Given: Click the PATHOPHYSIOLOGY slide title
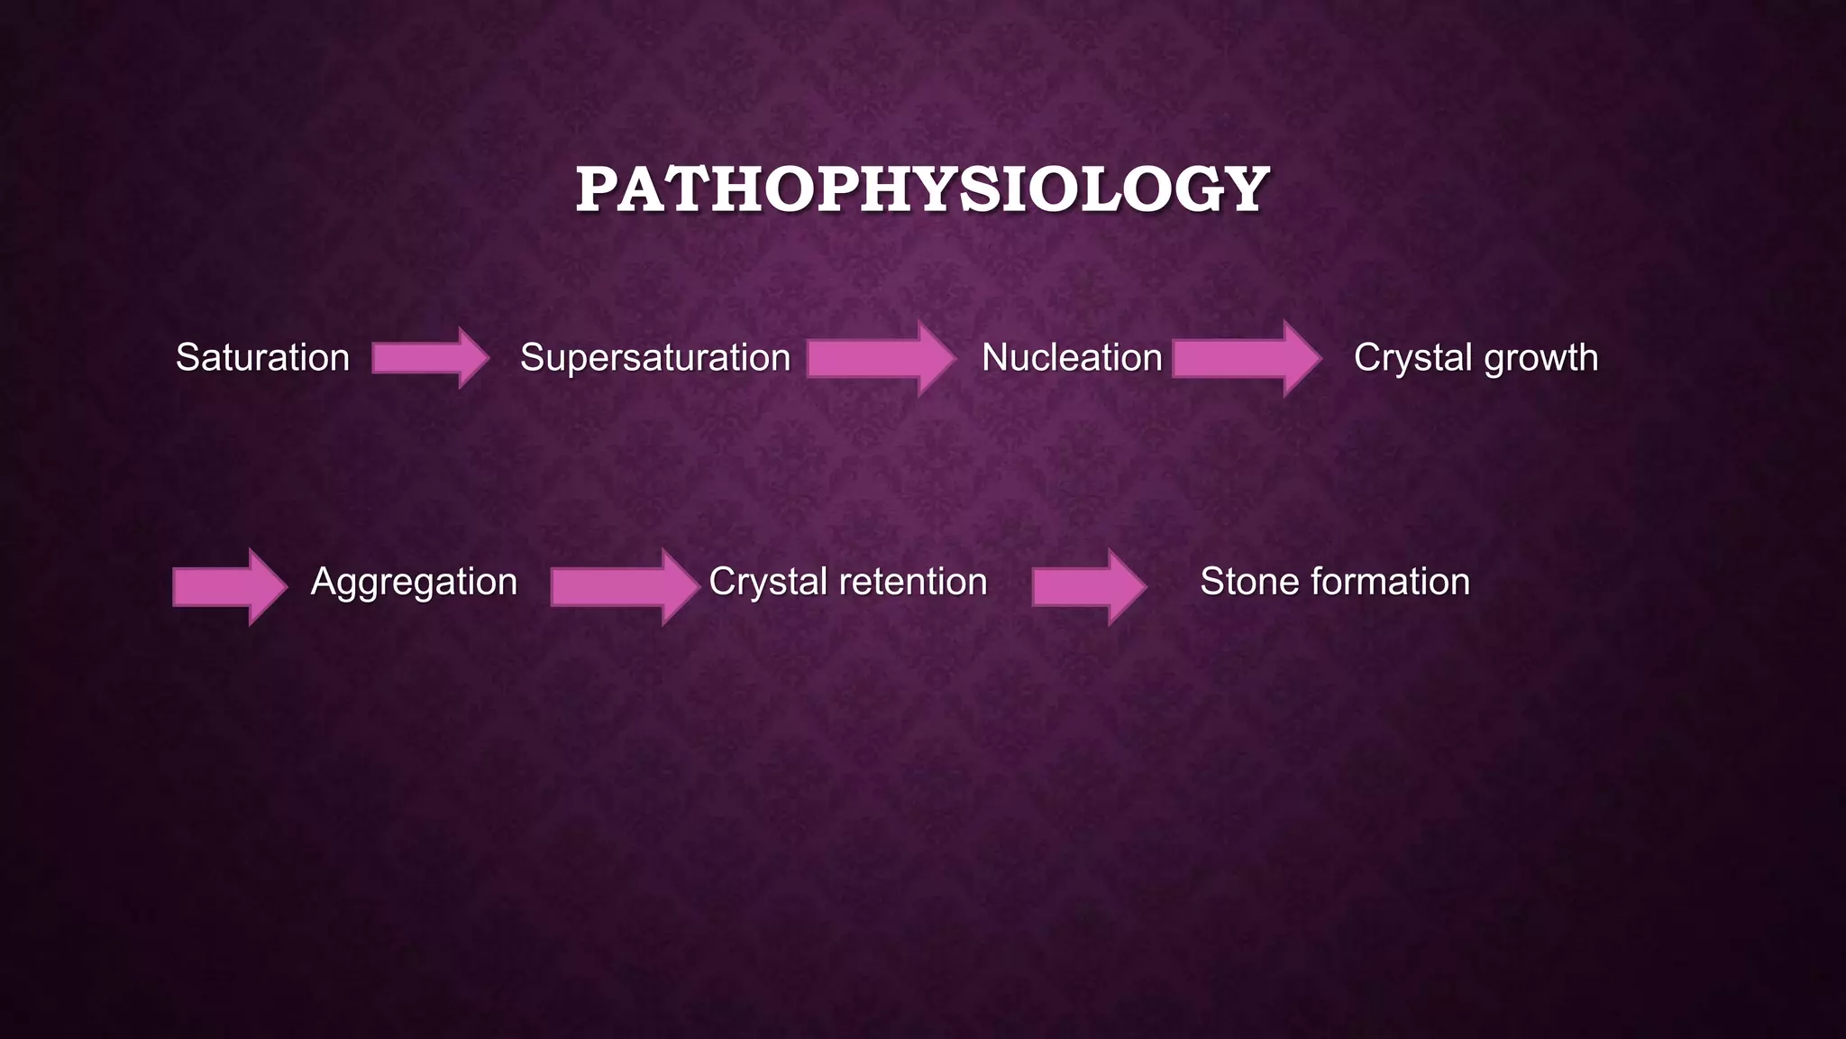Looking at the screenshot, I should pos(923,189).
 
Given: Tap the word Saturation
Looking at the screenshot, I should pos(262,358).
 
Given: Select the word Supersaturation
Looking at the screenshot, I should pos(655,358).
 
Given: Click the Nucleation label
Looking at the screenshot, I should pos(1072,358).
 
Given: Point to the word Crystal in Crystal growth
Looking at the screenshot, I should pos(1412,358).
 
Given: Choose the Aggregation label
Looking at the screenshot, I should pos(414,583).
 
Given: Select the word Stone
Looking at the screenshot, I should pos(1250,582).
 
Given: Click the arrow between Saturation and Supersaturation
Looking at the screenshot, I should pos(428,358).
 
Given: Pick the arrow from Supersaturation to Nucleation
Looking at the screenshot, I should pos(879,358).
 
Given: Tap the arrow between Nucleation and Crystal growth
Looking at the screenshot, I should pos(1245,358).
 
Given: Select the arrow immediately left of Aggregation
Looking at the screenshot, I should pos(228,586).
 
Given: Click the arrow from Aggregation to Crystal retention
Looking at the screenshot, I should pos(623,586).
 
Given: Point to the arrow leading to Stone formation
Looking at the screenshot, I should pos(1087,586).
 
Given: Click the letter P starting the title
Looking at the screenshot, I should pos(599,189).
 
